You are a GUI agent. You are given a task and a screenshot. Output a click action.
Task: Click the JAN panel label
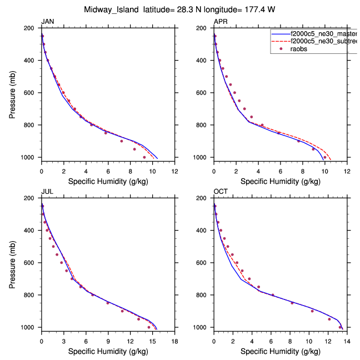[x=47, y=22]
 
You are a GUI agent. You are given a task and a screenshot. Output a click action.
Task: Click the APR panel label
[x=220, y=22]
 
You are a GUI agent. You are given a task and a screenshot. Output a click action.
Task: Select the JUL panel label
[x=47, y=192]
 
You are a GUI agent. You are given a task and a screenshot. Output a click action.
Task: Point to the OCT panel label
[x=221, y=192]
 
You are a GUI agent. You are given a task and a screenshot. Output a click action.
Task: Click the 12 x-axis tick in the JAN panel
[x=174, y=171]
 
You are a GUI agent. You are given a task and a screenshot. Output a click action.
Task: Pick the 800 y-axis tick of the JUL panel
[x=31, y=295]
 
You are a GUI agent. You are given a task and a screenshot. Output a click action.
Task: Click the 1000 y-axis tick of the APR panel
[x=202, y=157]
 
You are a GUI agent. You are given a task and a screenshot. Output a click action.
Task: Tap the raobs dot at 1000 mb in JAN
[x=144, y=157]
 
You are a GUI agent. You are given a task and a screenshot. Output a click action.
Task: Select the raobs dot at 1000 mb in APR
[x=325, y=157]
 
